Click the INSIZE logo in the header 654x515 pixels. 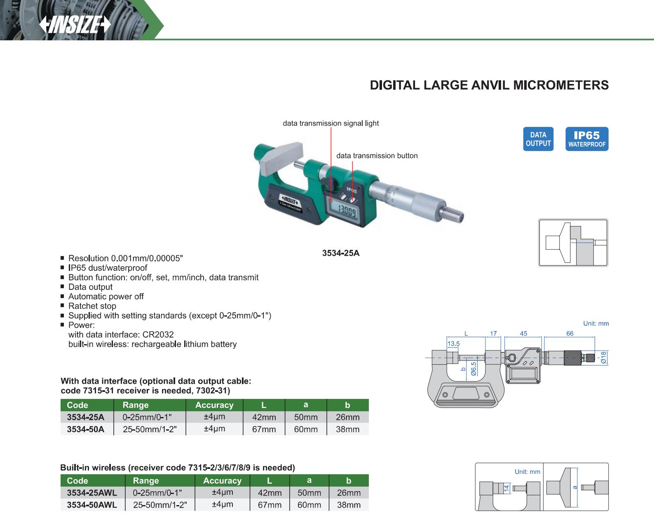tap(75, 24)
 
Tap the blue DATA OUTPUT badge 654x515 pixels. tap(538, 139)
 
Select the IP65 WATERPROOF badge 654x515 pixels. tap(587, 139)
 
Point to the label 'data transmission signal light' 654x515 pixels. tap(331, 123)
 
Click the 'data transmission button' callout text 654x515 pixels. tap(377, 156)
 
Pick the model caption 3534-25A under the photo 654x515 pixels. tap(341, 253)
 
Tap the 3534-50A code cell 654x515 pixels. tap(85, 429)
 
